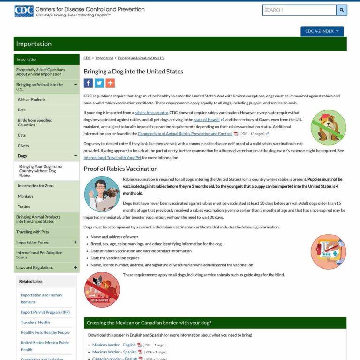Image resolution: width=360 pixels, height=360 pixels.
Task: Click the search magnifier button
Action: click(342, 10)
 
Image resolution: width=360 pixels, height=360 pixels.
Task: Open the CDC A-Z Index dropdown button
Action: click(322, 31)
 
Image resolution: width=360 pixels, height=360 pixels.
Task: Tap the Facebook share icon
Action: click(88, 83)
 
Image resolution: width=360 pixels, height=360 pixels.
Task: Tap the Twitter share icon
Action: click(99, 83)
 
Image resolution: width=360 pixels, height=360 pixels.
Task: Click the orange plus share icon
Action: click(110, 83)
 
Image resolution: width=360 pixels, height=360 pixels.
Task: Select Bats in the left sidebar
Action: click(22, 110)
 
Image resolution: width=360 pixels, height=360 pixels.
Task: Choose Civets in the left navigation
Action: click(23, 146)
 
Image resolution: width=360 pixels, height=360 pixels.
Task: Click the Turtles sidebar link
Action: click(23, 206)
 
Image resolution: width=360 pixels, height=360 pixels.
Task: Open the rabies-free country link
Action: click(151, 113)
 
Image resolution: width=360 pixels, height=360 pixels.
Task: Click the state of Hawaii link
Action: click(207, 120)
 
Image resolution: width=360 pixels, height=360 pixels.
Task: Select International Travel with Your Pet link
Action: click(112, 158)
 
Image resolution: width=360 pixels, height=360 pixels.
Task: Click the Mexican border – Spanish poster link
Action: click(114, 352)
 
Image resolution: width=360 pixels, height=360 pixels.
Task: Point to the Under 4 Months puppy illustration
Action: click(102, 289)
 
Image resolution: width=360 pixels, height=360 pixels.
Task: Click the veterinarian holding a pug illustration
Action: click(101, 194)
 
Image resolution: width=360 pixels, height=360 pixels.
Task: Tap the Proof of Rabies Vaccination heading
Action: click(120, 169)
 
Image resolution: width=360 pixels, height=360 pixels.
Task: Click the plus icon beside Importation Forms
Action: click(75, 242)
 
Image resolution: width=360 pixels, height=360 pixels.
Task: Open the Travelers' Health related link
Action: click(35, 322)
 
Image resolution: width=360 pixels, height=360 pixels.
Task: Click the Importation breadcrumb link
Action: click(104, 58)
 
